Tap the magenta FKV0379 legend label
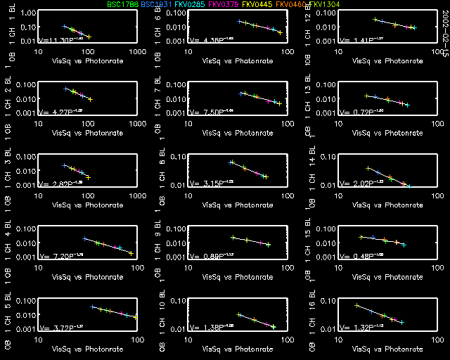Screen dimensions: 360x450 point(224,4)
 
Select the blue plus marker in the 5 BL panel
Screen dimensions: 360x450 point(92,307)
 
